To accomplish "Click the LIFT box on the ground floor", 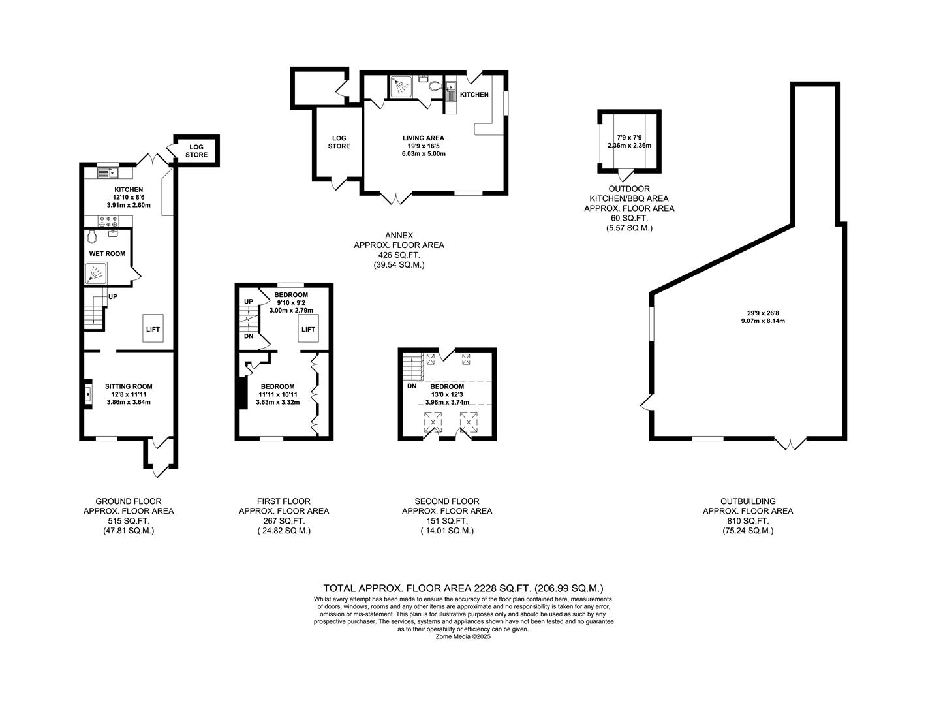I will (x=153, y=328).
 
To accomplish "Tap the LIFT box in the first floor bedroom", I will (x=308, y=328).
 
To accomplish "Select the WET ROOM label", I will (x=107, y=253).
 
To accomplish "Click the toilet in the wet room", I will (x=92, y=235).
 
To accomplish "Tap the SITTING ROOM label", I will (x=129, y=386).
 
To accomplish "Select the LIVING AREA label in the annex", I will (x=423, y=138).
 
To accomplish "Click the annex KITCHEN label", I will (x=474, y=95).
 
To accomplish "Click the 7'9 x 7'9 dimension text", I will (x=629, y=138).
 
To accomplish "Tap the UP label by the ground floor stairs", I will (x=112, y=296).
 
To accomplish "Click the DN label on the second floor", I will (x=412, y=386).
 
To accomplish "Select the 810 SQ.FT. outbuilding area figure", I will (x=748, y=521).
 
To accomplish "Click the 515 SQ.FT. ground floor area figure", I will (x=128, y=521).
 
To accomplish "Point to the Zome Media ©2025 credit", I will (x=463, y=636).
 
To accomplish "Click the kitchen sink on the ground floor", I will (x=106, y=173).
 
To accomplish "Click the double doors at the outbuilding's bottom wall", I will (x=790, y=445).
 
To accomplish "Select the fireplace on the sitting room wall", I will (x=87, y=394).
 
